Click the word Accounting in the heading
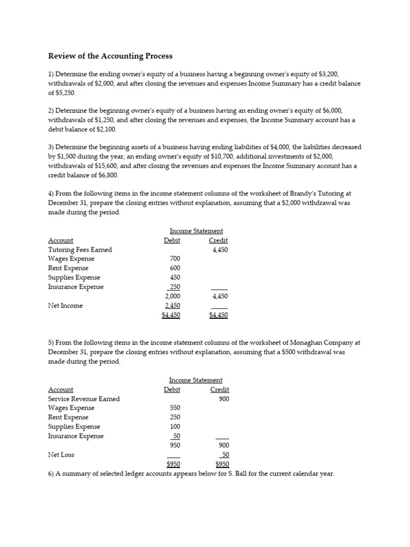tap(112, 56)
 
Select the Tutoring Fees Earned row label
tap(80, 249)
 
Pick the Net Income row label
tap(65, 306)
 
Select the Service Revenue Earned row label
tap(84, 398)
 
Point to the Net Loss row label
tap(61, 455)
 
